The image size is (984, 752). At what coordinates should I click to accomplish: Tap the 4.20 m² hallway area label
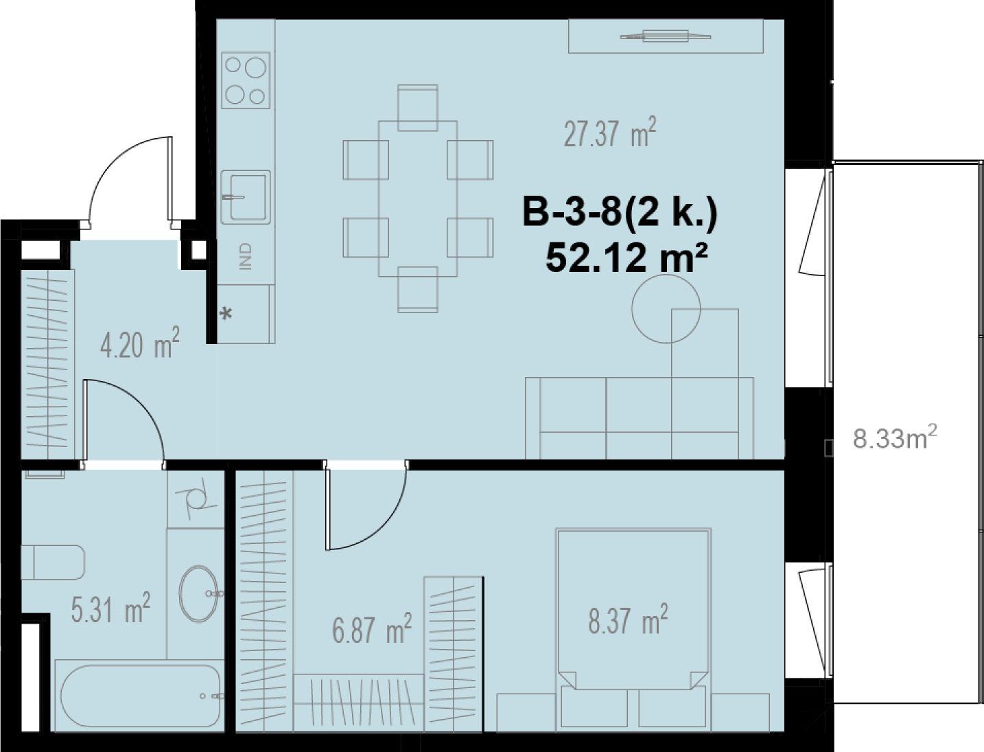139,343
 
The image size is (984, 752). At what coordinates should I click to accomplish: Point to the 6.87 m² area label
372,628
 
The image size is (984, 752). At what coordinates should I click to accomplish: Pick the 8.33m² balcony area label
894,438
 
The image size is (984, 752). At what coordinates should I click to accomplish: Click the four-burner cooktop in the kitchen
246,80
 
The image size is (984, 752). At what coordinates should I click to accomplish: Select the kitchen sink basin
246,197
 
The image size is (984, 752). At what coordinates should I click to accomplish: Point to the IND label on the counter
246,256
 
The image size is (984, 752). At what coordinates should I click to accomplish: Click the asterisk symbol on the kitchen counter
227,314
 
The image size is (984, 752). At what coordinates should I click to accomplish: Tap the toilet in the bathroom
53,562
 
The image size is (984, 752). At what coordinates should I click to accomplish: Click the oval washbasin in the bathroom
199,593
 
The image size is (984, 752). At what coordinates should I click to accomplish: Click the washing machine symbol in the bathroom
196,499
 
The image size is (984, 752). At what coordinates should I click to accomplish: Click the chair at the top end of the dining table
418,108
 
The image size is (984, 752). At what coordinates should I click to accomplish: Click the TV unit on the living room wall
666,36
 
